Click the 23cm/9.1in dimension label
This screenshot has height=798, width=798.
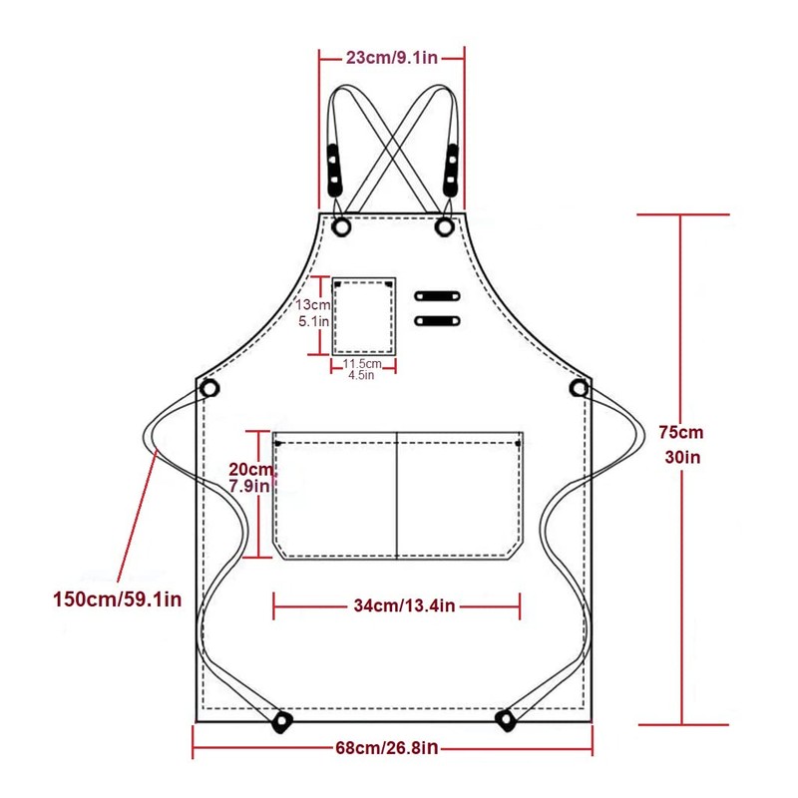392,58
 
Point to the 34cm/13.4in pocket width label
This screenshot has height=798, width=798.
397,605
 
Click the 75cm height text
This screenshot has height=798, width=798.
681,433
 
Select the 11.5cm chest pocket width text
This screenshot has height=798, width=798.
363,365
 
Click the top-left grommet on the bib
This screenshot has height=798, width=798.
342,226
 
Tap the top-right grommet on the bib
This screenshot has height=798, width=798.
445,226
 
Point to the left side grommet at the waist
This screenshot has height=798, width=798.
209,387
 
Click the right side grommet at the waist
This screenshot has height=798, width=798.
580,387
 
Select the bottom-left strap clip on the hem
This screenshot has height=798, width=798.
282,719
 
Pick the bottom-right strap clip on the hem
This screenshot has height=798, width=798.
505,718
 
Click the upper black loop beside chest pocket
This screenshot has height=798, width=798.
438,296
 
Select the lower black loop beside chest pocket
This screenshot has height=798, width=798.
438,320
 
